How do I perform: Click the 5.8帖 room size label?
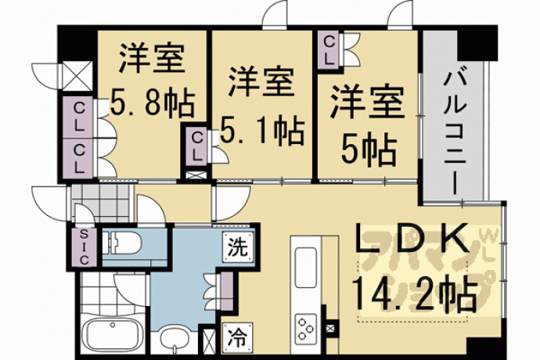coord(153,103)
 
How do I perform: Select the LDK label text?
coord(412,238)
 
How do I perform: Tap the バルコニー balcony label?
coord(455,133)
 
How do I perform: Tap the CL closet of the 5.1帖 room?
coord(196,147)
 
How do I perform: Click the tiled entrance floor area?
coord(102,203)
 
